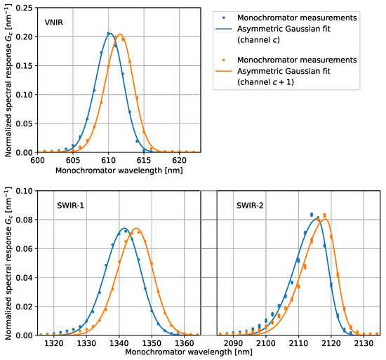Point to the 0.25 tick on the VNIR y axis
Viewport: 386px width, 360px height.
[27, 8]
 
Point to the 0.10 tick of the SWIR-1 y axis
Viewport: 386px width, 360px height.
[27, 189]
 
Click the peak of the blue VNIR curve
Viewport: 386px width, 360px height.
[109, 33]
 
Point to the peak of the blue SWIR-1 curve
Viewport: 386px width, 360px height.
[124, 228]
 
